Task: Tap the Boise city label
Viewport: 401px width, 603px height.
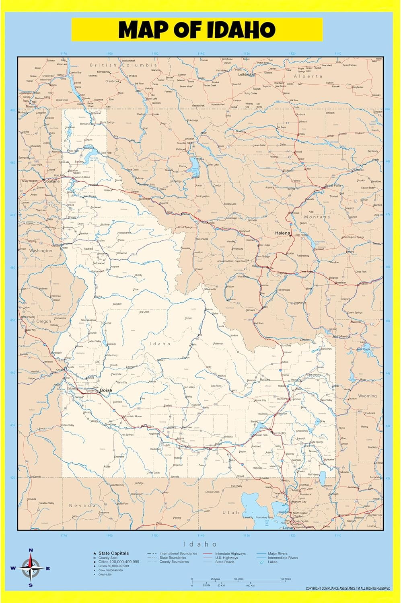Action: click(106, 390)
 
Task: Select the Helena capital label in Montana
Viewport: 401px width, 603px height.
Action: click(282, 233)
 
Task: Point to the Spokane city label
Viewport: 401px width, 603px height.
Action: click(52, 181)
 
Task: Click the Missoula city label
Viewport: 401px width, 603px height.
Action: click(208, 222)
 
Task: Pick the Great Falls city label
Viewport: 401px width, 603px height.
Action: click(333, 186)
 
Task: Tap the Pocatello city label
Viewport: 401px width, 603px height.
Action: click(279, 433)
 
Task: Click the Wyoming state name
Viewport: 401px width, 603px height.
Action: click(367, 396)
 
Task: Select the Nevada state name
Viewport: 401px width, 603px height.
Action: click(82, 505)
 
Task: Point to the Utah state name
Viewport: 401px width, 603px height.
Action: click(230, 513)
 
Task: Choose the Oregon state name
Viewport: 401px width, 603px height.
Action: click(43, 322)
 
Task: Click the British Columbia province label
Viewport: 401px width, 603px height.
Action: click(123, 65)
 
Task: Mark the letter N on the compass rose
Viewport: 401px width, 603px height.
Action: click(31, 550)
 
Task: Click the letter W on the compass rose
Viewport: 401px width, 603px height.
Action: click(13, 568)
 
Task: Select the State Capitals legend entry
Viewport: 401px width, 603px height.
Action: click(113, 554)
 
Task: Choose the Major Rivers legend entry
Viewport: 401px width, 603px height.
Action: click(278, 554)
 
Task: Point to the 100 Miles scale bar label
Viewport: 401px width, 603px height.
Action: click(286, 579)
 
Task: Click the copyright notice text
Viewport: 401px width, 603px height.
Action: click(348, 589)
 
